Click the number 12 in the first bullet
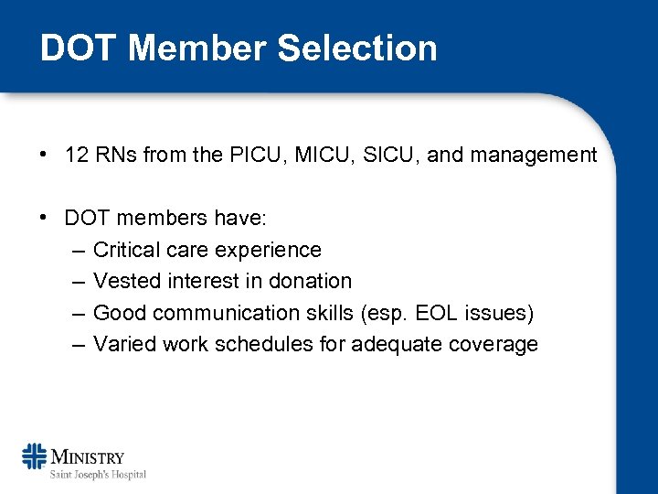pyautogui.click(x=76, y=156)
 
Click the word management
pyautogui.click(x=533, y=156)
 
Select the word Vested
pyautogui.click(x=124, y=282)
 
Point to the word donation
pyautogui.click(x=307, y=282)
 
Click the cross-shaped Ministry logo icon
pyautogui.click(x=35, y=456)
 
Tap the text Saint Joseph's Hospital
pyautogui.click(x=98, y=474)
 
